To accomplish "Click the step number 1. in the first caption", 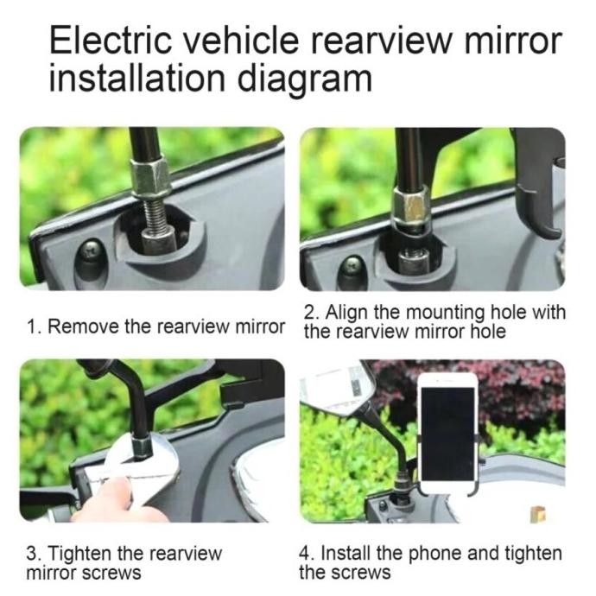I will (x=34, y=327).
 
